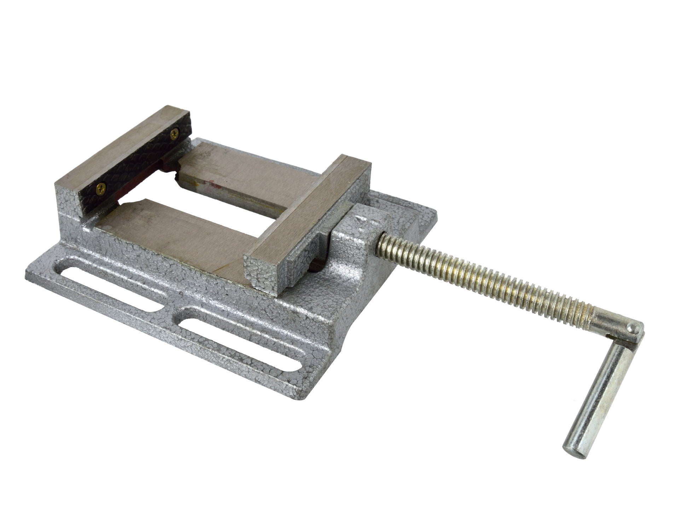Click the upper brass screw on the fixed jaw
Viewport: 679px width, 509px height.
tap(174, 133)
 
